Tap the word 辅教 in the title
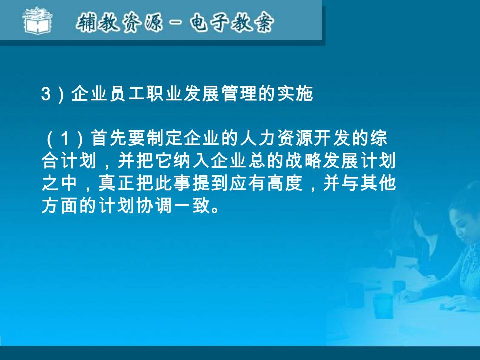point(98,23)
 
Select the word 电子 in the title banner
point(209,23)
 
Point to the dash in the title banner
point(176,23)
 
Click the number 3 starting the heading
point(46,94)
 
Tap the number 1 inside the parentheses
point(64,138)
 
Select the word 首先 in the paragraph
point(109,138)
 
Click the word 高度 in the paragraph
point(285,183)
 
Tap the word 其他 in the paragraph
point(378,183)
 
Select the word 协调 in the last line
point(154,206)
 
